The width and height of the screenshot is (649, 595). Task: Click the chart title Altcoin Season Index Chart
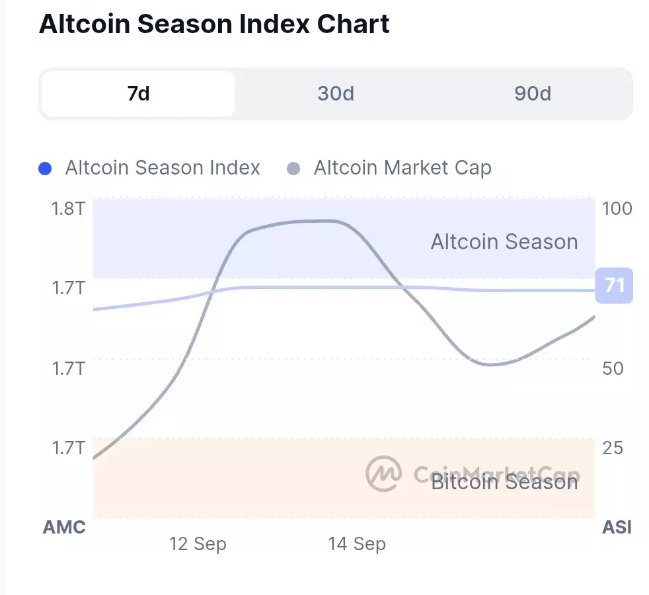tap(214, 24)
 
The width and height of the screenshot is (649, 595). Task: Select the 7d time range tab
tap(138, 94)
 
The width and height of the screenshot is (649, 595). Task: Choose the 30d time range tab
tap(335, 94)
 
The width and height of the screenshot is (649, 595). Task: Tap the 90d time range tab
tap(532, 94)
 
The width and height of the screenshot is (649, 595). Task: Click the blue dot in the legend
tap(46, 169)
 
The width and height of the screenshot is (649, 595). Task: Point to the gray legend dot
tap(294, 169)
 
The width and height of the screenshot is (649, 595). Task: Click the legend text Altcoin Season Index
tap(163, 168)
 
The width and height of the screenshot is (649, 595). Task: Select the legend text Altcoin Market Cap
tap(402, 168)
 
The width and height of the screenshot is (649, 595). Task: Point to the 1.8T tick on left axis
tap(68, 209)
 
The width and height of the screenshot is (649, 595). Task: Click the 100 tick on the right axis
tap(617, 209)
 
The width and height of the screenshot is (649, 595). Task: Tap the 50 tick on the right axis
tap(613, 368)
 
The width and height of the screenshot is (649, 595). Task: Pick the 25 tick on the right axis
tap(613, 448)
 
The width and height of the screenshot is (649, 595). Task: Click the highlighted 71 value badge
tap(614, 286)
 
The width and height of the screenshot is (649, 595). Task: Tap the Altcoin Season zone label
tap(504, 242)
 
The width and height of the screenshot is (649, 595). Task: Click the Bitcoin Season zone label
tap(504, 482)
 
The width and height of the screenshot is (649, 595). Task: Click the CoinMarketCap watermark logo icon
tap(383, 473)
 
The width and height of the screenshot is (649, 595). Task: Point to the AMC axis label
tap(64, 527)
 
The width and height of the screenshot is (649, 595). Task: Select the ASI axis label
tap(617, 527)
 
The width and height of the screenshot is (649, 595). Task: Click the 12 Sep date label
tap(198, 544)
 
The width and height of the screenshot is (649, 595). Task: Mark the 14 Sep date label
tap(357, 544)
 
